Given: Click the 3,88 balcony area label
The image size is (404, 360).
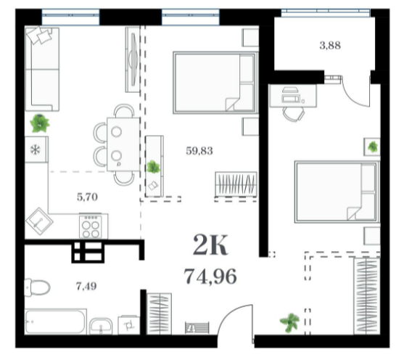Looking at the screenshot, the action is (330, 46).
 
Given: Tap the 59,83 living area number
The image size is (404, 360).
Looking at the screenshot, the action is (199, 151).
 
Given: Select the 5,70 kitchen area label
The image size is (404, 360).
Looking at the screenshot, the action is (87, 197).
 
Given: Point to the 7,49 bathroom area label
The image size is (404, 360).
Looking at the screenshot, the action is (86, 286).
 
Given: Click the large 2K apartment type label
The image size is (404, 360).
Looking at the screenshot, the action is (210, 245).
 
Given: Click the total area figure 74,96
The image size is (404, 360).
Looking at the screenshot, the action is (210, 277).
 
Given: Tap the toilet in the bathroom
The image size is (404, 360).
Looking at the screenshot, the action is (37, 287).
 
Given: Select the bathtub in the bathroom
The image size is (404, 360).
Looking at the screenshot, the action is (56, 322).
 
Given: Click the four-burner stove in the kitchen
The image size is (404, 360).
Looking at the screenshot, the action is (91, 226).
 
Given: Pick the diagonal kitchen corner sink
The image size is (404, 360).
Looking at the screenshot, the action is (39, 221).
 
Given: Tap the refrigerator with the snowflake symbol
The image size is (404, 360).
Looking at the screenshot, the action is (36, 150).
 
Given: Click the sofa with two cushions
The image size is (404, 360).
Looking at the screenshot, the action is (42, 69).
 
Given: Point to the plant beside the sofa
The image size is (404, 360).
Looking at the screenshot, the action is (40, 123).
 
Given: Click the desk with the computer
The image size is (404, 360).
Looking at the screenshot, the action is (293, 95).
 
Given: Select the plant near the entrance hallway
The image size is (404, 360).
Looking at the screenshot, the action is (290, 322).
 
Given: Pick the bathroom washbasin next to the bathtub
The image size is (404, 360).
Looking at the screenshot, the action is (101, 326).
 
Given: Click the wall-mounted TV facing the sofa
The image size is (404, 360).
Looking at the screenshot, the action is (133, 60).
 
